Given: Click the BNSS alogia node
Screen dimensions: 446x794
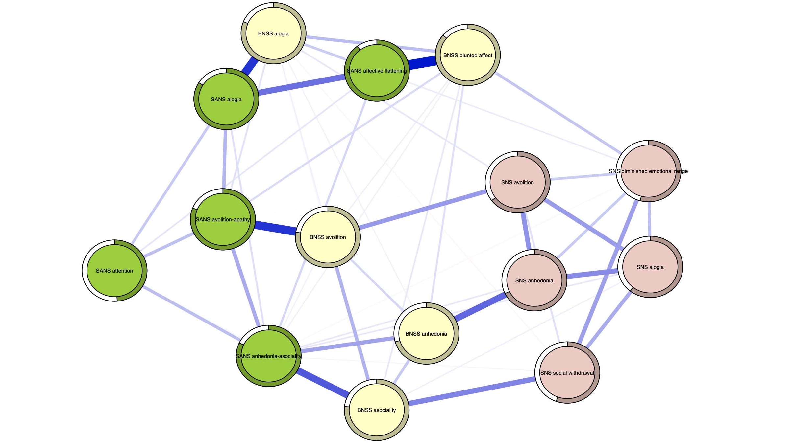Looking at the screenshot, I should tap(273, 33).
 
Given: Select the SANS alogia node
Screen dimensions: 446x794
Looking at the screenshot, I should tap(226, 99).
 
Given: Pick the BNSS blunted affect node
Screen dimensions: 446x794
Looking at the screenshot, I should tap(468, 55).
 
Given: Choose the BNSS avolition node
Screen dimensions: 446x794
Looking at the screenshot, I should tap(328, 237).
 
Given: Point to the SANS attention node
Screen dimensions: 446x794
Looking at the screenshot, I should tap(114, 271).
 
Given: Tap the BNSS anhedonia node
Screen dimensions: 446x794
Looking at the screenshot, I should tap(426, 334).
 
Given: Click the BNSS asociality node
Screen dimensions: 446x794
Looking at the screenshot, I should tap(377, 410).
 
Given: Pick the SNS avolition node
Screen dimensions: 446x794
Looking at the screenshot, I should tap(517, 182).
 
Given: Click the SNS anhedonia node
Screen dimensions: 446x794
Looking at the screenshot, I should tap(534, 280).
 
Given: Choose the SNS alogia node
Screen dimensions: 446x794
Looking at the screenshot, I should tap(650, 267).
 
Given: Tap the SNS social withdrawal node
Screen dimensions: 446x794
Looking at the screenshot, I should tap(567, 373).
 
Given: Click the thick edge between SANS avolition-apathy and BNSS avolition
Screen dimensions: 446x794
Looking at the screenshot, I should tap(275, 228).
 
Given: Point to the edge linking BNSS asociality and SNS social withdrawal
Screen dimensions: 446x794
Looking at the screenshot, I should tap(472, 391).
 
